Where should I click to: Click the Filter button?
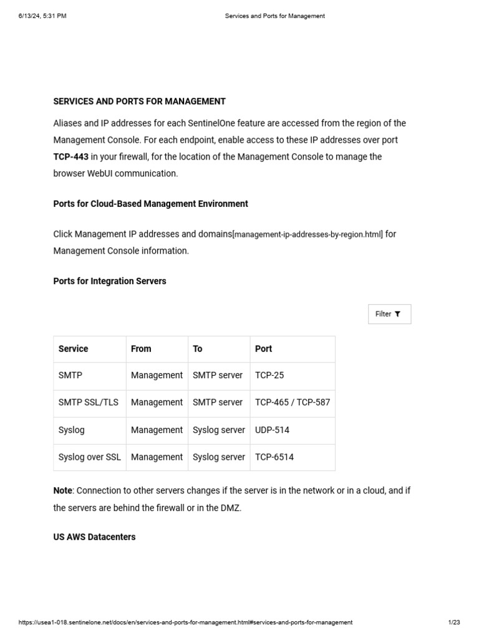389,314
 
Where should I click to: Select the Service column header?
73,349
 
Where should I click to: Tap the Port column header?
263,349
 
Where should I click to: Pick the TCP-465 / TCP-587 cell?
292,402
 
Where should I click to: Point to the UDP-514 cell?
272,430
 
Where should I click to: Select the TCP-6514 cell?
274,457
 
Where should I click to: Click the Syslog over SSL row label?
89,457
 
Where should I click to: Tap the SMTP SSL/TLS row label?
88,402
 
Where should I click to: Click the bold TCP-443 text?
70,157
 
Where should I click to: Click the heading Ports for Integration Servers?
110,281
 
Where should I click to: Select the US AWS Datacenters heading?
94,536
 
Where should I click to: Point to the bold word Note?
62,491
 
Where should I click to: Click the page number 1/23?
454,622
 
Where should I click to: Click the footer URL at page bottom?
185,622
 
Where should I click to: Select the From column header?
141,349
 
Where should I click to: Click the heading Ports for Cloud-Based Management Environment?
150,204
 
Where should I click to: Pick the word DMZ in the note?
230,508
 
